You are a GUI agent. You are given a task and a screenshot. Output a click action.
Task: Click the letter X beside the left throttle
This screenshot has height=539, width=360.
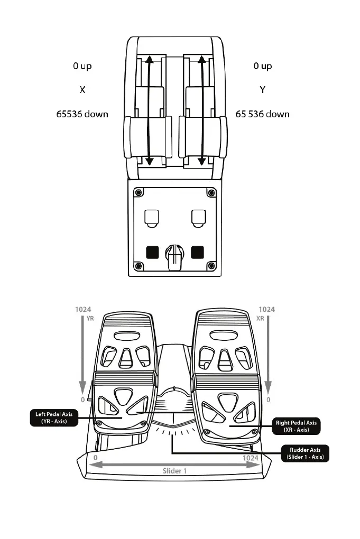coord(82,90)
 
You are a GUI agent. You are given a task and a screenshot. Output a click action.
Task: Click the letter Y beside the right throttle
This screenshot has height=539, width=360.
coord(262,90)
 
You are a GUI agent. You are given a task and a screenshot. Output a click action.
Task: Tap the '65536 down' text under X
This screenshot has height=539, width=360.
coord(82,114)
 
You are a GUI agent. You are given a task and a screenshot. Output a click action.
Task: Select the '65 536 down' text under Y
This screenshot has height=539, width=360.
coord(262,114)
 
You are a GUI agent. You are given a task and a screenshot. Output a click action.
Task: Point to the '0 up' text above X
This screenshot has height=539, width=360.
coord(82,66)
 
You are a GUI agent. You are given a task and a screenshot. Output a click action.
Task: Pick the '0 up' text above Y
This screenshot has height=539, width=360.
coord(262,66)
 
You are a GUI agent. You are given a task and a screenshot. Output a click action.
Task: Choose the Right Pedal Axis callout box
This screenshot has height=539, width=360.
coord(297,426)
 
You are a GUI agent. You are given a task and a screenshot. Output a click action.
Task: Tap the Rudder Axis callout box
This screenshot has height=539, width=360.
coord(306,453)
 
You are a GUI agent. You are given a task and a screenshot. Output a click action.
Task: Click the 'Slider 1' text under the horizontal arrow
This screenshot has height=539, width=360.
coord(174,470)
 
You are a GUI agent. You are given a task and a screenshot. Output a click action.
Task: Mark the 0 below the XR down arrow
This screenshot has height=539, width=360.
coord(268,400)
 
